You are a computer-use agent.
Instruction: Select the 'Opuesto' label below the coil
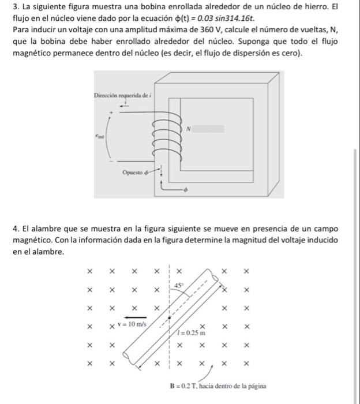(134, 172)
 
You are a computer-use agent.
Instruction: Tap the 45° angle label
(180, 285)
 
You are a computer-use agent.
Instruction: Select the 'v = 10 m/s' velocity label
(133, 324)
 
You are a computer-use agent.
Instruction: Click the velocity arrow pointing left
(133, 317)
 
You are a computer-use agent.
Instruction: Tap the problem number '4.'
(16, 229)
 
